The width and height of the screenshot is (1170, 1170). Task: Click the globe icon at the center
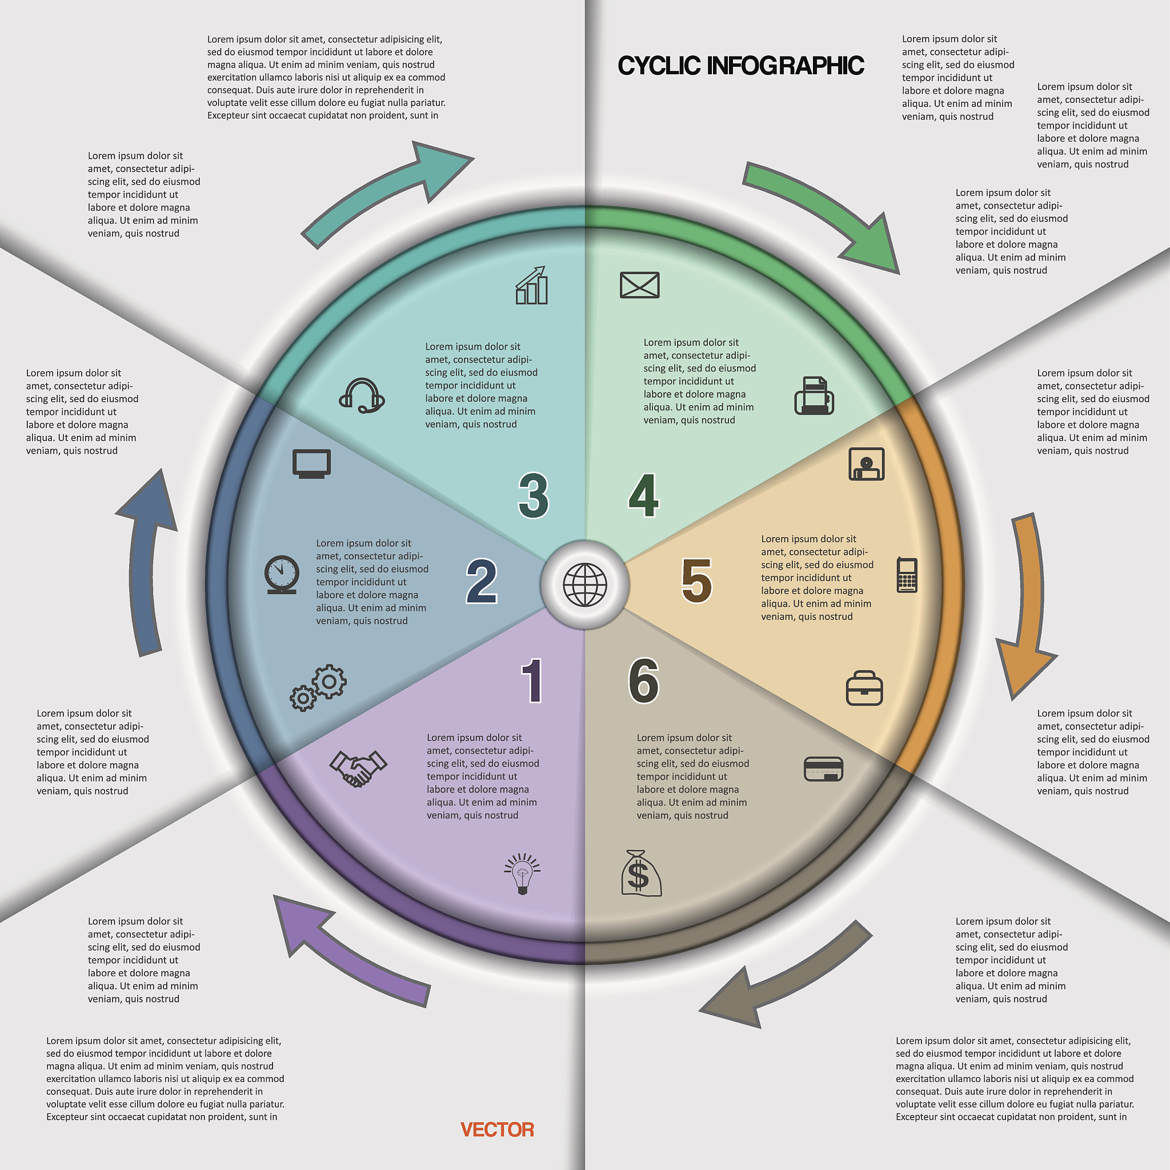pyautogui.click(x=584, y=584)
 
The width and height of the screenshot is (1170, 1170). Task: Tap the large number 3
pyautogui.click(x=534, y=495)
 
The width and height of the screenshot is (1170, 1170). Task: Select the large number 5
pyautogui.click(x=696, y=581)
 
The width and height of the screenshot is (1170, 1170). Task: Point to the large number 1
pyautogui.click(x=532, y=680)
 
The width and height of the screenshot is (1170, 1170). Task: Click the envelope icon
pyautogui.click(x=639, y=285)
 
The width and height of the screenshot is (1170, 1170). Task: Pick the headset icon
pyautogui.click(x=362, y=396)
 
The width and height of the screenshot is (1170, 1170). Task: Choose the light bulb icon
pyautogui.click(x=522, y=874)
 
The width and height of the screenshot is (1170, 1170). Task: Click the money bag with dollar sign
pyautogui.click(x=640, y=874)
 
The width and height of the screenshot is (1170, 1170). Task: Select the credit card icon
pyautogui.click(x=823, y=769)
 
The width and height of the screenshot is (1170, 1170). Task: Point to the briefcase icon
pyautogui.click(x=864, y=688)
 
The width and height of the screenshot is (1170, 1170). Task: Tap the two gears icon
pyautogui.click(x=319, y=688)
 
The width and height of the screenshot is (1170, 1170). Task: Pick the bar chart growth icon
pyautogui.click(x=532, y=285)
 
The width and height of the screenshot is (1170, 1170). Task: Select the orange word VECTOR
pyautogui.click(x=497, y=1129)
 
